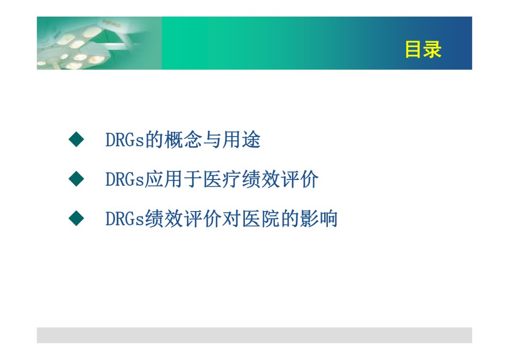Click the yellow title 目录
pyautogui.click(x=423, y=50)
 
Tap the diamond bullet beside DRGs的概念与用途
pyautogui.click(x=76, y=140)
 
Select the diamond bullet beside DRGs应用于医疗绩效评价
pyautogui.click(x=76, y=179)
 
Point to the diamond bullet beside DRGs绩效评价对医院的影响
pyautogui.click(x=76, y=218)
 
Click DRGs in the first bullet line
pyautogui.click(x=125, y=140)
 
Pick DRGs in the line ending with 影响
pyautogui.click(x=125, y=219)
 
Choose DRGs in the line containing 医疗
pyautogui.click(x=125, y=179)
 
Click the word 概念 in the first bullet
pyautogui.click(x=183, y=140)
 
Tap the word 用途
pyautogui.click(x=241, y=140)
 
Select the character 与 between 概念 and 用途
pyautogui.click(x=212, y=140)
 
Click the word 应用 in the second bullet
pyautogui.click(x=163, y=179)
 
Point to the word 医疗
pyautogui.click(x=222, y=179)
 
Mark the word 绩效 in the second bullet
pyautogui.click(x=261, y=179)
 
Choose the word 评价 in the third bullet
pyautogui.click(x=203, y=219)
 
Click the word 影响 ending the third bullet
pyautogui.click(x=319, y=219)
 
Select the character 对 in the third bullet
pyautogui.click(x=231, y=219)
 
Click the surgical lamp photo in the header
pyautogui.click(x=99, y=43)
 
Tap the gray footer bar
pyautogui.click(x=254, y=335)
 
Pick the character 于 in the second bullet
pyautogui.click(x=193, y=179)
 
